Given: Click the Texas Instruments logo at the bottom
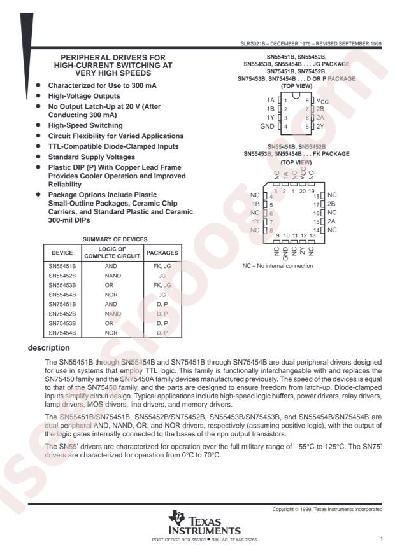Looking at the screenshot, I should pyautogui.click(x=197, y=524).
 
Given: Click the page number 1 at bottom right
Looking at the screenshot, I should pyautogui.click(x=380, y=538).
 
